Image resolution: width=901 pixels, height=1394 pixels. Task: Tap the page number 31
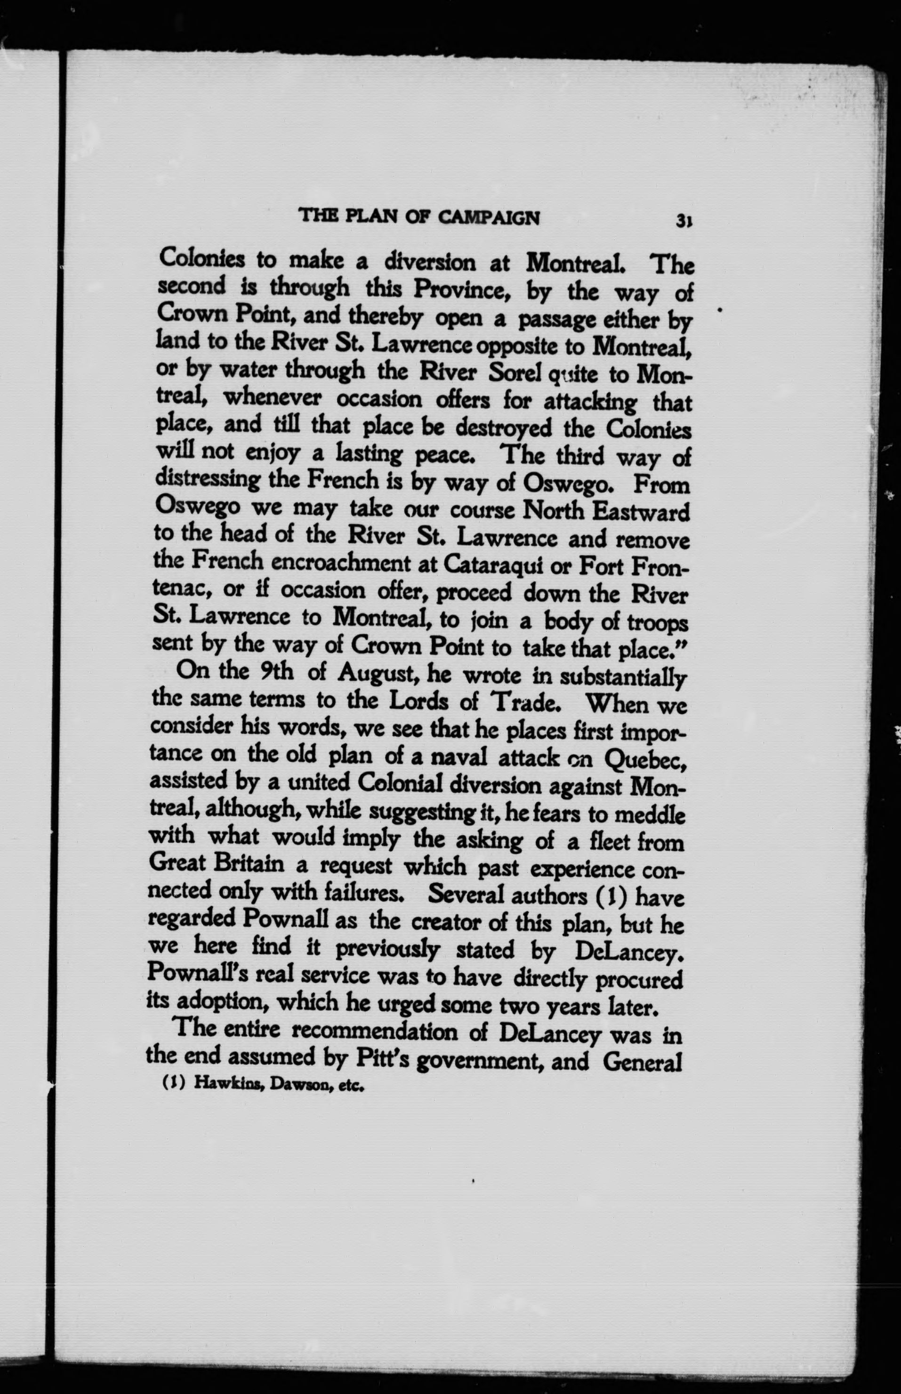(x=684, y=220)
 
